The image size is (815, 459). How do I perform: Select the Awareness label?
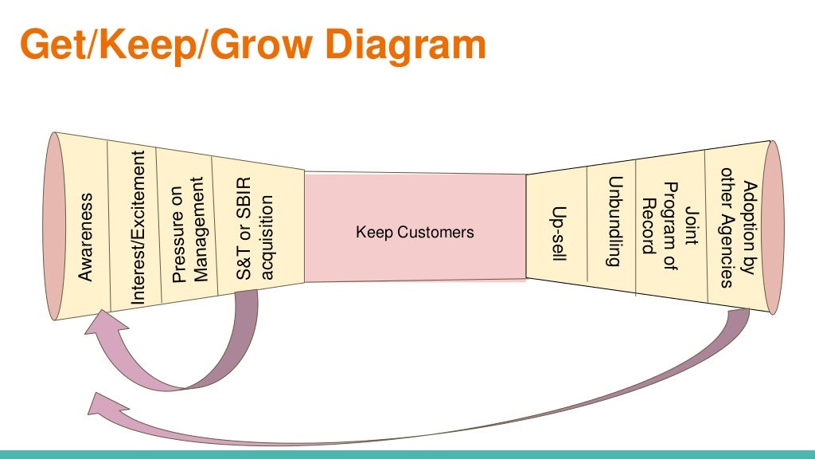pos(86,237)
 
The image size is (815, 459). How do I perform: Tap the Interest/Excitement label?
pos(138,229)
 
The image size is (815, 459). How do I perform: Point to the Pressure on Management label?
pos(189,230)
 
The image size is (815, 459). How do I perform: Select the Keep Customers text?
pos(415,233)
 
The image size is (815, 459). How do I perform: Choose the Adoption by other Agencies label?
pos(736,227)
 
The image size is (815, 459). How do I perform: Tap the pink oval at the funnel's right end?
pos(773,227)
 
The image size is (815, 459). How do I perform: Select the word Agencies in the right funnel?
pos(726,227)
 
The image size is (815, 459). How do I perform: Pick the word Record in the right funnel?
pos(648,226)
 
